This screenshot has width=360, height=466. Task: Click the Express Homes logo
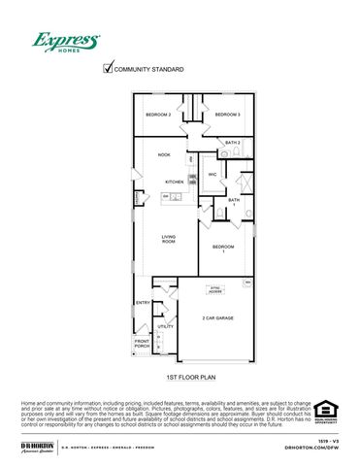(66, 42)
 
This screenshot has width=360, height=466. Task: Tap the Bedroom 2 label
(158, 115)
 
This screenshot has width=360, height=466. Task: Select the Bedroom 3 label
(227, 115)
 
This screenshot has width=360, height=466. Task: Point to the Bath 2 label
(233, 143)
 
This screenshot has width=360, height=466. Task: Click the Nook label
(164, 154)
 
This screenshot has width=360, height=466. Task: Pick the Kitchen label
(175, 182)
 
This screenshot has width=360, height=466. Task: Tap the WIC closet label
(212, 175)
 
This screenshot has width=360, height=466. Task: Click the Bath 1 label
(233, 202)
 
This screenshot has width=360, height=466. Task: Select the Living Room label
(168, 239)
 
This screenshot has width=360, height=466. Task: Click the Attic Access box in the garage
(215, 289)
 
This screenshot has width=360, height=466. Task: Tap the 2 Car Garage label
(217, 317)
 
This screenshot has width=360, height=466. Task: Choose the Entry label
(143, 303)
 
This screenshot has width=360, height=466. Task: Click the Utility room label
(166, 326)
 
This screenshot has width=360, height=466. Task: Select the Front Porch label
(142, 344)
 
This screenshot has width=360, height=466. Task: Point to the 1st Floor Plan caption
(189, 374)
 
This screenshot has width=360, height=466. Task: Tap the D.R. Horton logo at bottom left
(37, 446)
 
